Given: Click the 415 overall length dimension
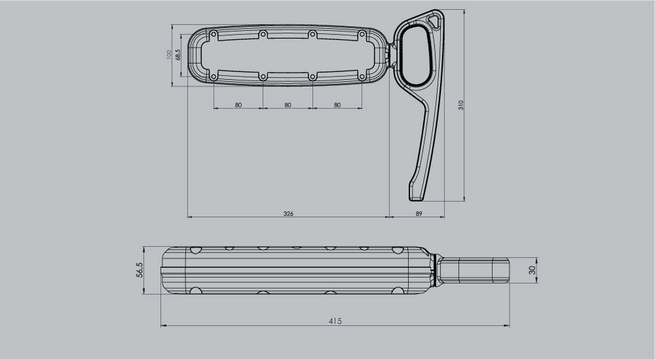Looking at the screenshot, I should point(335,321).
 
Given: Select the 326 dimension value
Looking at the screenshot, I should point(288,213).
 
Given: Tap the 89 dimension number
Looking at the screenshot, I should point(418,213).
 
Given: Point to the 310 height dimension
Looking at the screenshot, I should point(461,105).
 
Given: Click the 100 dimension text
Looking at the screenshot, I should point(168,54).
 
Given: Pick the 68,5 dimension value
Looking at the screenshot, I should point(178,54).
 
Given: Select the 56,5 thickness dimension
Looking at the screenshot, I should point(139,270).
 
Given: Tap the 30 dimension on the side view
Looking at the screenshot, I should point(533,270).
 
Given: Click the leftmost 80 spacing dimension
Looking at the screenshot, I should point(238,105).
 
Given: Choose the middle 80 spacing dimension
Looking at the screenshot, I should point(288,105).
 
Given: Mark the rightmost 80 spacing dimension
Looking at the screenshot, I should point(337,105).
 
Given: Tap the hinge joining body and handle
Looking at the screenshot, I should point(392,55).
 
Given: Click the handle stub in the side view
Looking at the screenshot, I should point(474,270).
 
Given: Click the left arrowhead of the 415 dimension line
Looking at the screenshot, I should point(163,325).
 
